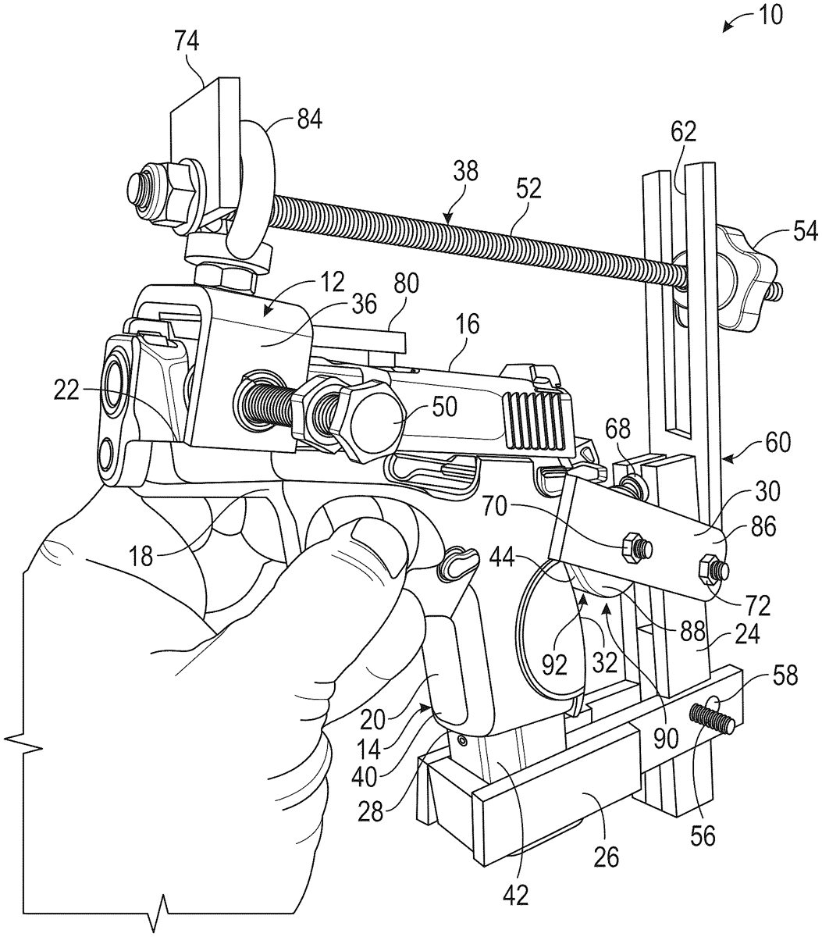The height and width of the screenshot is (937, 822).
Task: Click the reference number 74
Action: [187, 41]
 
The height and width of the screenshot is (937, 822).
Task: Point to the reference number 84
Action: [309, 120]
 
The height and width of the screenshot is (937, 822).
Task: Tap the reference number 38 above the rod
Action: [465, 172]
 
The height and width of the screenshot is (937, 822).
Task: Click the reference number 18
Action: [141, 557]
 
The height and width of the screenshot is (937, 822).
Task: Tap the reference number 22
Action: [66, 391]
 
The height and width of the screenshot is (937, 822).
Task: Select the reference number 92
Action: [555, 665]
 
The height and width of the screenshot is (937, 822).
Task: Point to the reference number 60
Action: [777, 443]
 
